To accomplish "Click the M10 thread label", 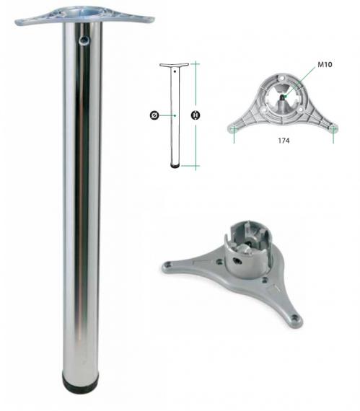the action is pyautogui.click(x=325, y=64).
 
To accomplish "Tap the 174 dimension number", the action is pyautogui.click(x=284, y=141).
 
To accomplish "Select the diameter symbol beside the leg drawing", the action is pyautogui.click(x=154, y=115).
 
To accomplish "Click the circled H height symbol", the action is pyautogui.click(x=196, y=115).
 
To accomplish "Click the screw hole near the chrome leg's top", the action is pyautogui.click(x=84, y=40).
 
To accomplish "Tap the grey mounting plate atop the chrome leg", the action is pyautogui.click(x=84, y=16).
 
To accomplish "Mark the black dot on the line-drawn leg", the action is pyautogui.click(x=175, y=71).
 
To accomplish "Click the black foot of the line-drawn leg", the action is pyautogui.click(x=175, y=166).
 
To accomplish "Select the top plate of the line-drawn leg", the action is pyautogui.click(x=174, y=65).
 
